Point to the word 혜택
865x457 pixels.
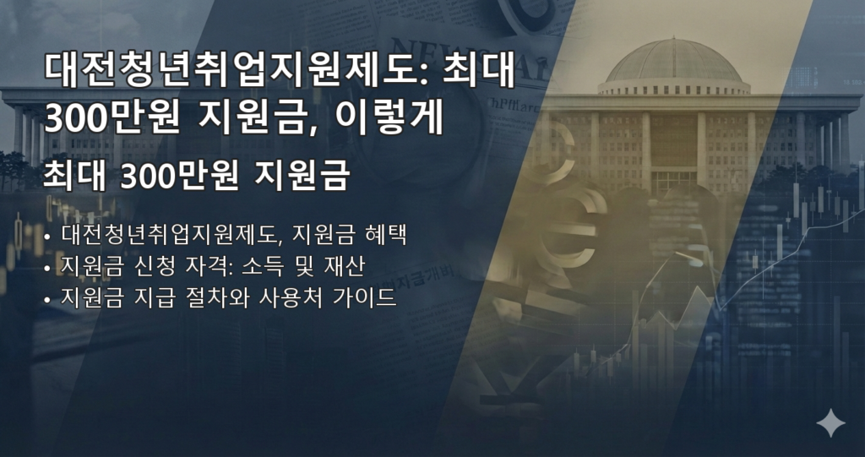point(389,234)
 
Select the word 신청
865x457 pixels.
point(144,266)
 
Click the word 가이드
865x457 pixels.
point(369,299)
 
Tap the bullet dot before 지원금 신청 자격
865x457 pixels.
point(46,268)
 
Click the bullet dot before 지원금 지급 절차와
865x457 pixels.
point(46,301)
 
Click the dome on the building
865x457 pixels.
point(673,62)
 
